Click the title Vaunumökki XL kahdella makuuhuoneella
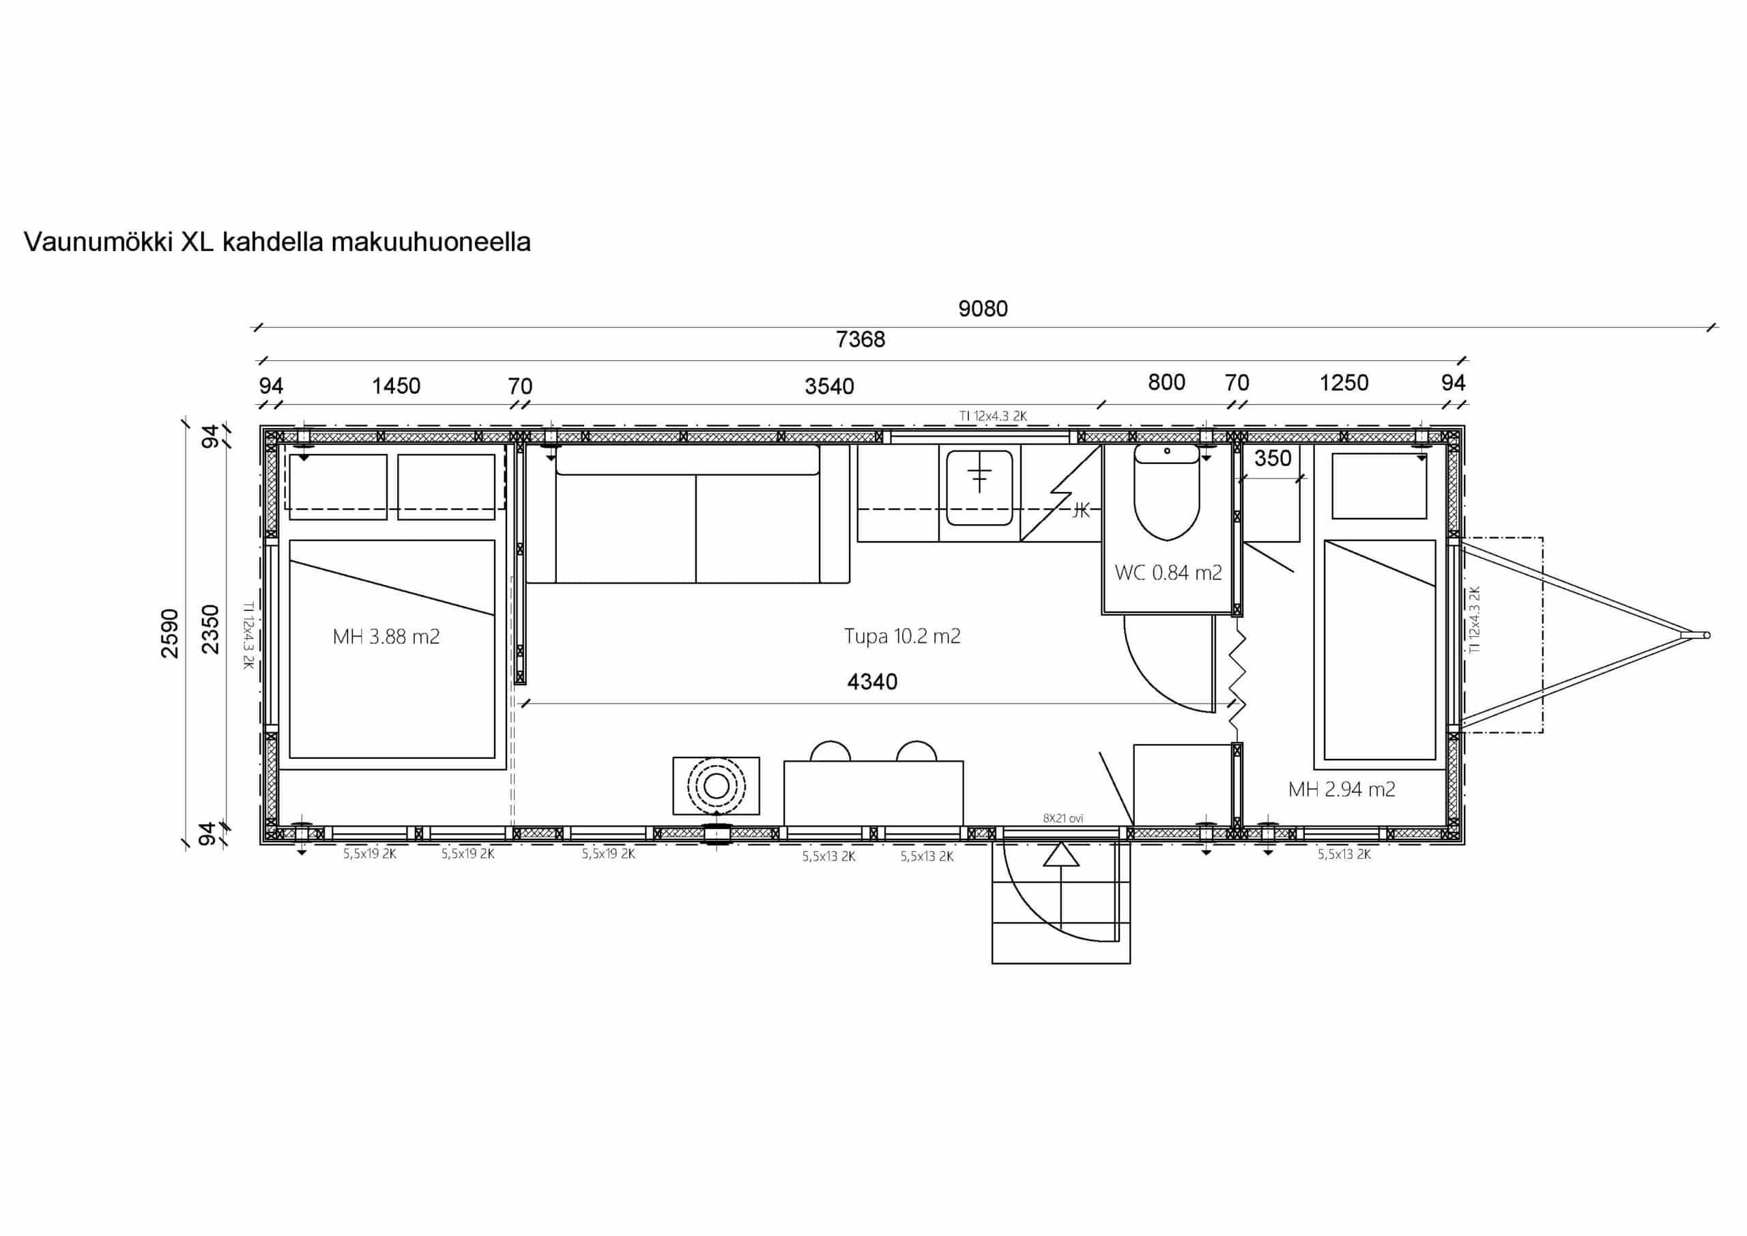point(277,242)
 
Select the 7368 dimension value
point(861,339)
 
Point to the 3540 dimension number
point(829,386)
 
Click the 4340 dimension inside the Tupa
point(872,681)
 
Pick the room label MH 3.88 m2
point(386,636)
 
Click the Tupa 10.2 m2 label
point(902,635)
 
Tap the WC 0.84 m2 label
point(1168,573)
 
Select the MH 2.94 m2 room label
point(1342,789)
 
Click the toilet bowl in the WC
point(1166,493)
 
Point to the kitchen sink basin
point(979,487)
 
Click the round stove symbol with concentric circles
point(716,786)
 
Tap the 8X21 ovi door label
point(1063,818)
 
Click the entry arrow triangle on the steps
point(1061,854)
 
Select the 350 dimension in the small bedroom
point(1273,458)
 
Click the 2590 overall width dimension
point(170,633)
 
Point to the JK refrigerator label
point(1080,511)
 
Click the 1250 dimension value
point(1344,383)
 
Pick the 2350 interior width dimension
point(210,629)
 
